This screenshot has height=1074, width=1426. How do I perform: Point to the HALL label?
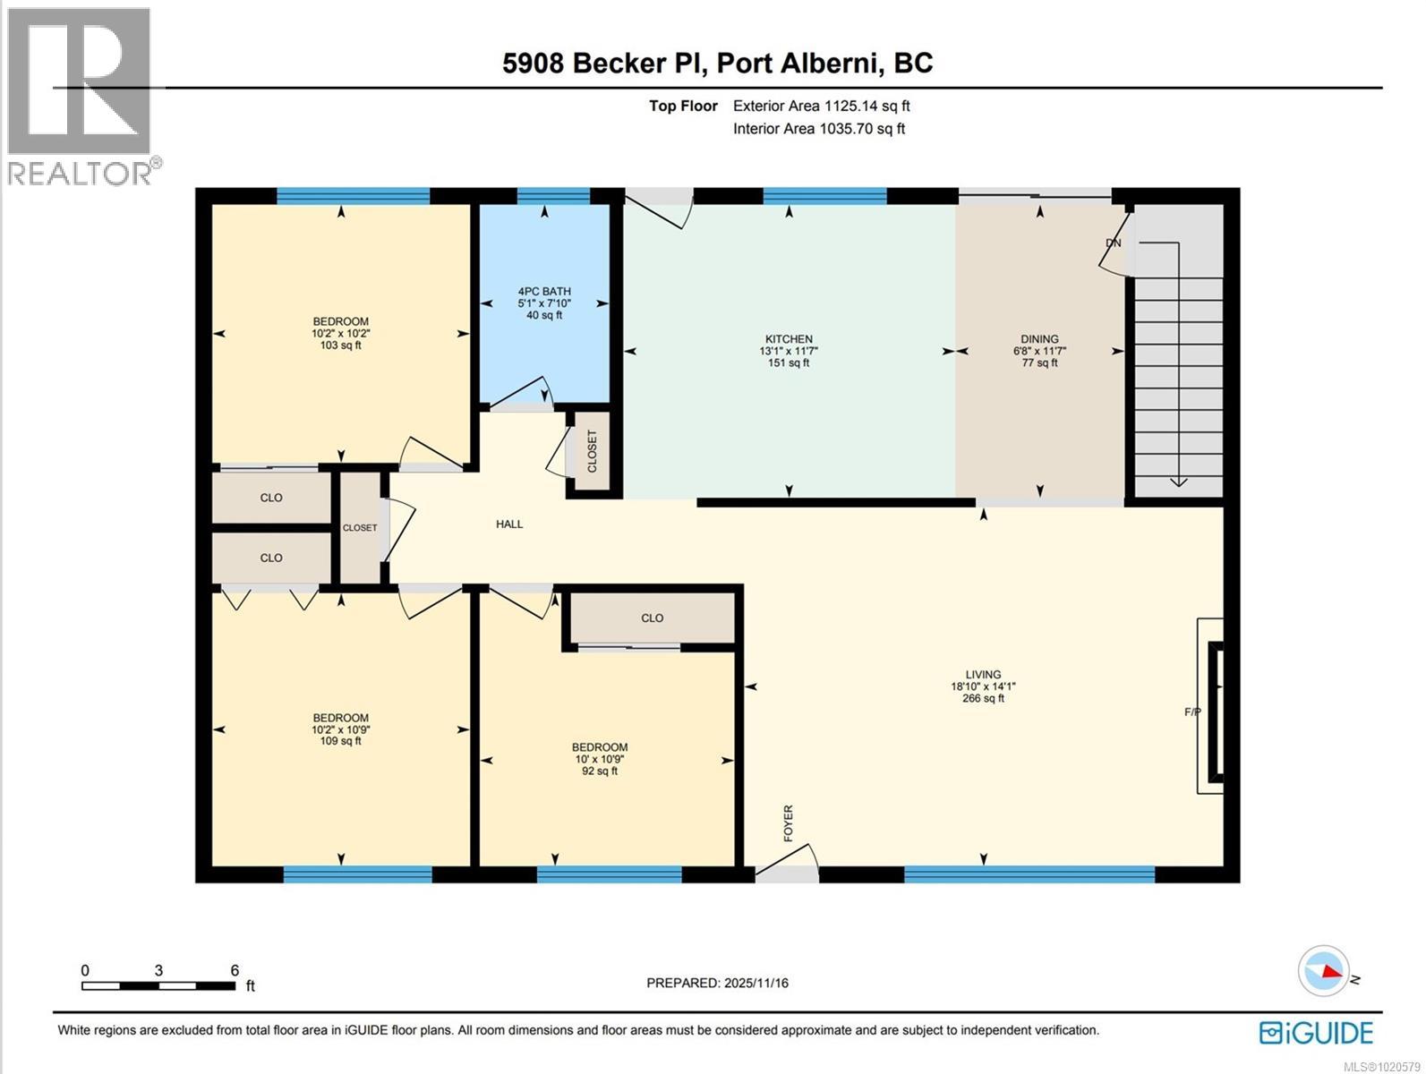tap(509, 524)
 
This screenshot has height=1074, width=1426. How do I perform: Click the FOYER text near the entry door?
tap(789, 823)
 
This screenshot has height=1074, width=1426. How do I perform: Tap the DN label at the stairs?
tap(1113, 243)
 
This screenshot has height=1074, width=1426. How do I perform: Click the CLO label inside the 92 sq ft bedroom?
tap(652, 618)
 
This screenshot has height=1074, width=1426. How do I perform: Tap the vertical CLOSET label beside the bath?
tap(592, 451)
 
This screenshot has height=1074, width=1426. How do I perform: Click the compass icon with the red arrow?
tap(1324, 970)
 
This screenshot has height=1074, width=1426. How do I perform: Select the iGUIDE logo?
tap(1316, 1032)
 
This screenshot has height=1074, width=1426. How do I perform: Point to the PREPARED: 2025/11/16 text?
tap(717, 983)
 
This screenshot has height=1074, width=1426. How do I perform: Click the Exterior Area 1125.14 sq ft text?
tap(821, 106)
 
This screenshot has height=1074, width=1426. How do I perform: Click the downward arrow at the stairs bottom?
tap(1178, 482)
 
